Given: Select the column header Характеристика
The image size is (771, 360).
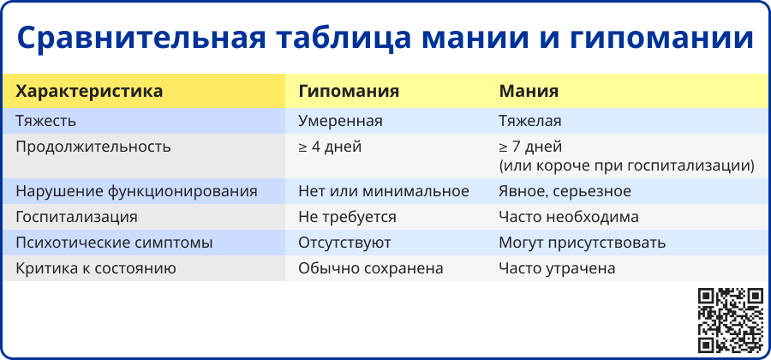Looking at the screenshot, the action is (89, 92).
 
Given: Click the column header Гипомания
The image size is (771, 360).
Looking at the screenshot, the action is (349, 92).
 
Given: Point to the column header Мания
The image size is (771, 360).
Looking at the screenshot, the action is (529, 92).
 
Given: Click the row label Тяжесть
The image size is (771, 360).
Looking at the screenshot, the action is (45, 121).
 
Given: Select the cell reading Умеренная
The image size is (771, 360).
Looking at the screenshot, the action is (340, 121).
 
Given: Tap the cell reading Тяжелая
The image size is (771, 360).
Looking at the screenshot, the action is (530, 121).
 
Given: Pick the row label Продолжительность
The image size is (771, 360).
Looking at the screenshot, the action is (93, 147).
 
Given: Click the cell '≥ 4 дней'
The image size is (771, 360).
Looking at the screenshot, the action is (330, 147).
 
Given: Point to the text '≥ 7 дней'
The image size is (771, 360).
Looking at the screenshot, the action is (530, 147).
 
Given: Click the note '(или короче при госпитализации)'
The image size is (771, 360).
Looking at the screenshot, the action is (627, 165).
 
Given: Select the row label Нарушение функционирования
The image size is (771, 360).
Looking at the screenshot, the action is (137, 191).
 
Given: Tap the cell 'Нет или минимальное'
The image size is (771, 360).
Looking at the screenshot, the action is (384, 191).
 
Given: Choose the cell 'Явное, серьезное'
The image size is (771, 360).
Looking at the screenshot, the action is (565, 191).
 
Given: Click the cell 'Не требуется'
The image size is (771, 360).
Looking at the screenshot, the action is (347, 217).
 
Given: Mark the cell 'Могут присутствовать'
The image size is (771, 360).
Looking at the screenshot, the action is (583, 243).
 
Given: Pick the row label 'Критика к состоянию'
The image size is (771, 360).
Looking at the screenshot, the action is (96, 268).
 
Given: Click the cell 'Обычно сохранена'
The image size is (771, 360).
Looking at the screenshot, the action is (371, 268).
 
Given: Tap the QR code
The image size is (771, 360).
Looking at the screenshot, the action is (731, 321).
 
